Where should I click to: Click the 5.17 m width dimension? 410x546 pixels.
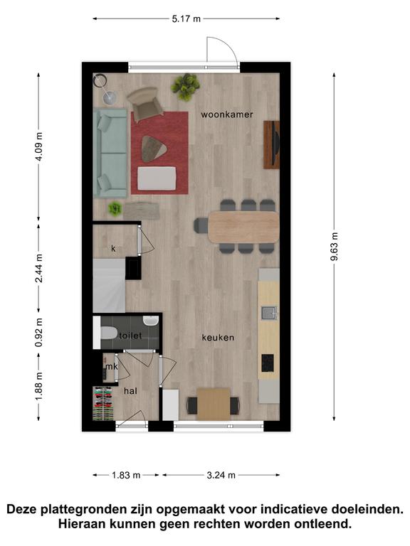click(186, 18)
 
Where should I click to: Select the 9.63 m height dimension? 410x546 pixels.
click(335, 246)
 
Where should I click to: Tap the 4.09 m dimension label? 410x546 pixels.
click(39, 146)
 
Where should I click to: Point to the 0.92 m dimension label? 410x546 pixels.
click(39, 333)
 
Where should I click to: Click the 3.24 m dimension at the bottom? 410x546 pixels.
click(221, 475)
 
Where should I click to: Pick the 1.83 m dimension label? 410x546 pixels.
click(126, 475)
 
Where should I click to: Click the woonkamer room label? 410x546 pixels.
click(226, 114)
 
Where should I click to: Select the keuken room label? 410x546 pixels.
click(218, 338)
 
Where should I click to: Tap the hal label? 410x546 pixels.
click(130, 391)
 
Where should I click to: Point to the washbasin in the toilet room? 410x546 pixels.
click(151, 321)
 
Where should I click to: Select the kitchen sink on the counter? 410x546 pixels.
click(270, 313)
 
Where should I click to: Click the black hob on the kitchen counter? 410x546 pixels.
click(268, 363)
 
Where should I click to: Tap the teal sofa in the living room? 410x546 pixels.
click(110, 154)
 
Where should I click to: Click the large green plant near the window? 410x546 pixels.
click(186, 87)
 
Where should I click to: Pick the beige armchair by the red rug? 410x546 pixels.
click(144, 103)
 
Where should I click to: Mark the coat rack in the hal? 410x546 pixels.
click(103, 404)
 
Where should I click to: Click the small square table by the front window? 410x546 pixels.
click(214, 405)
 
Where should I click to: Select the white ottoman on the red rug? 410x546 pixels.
click(157, 178)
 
